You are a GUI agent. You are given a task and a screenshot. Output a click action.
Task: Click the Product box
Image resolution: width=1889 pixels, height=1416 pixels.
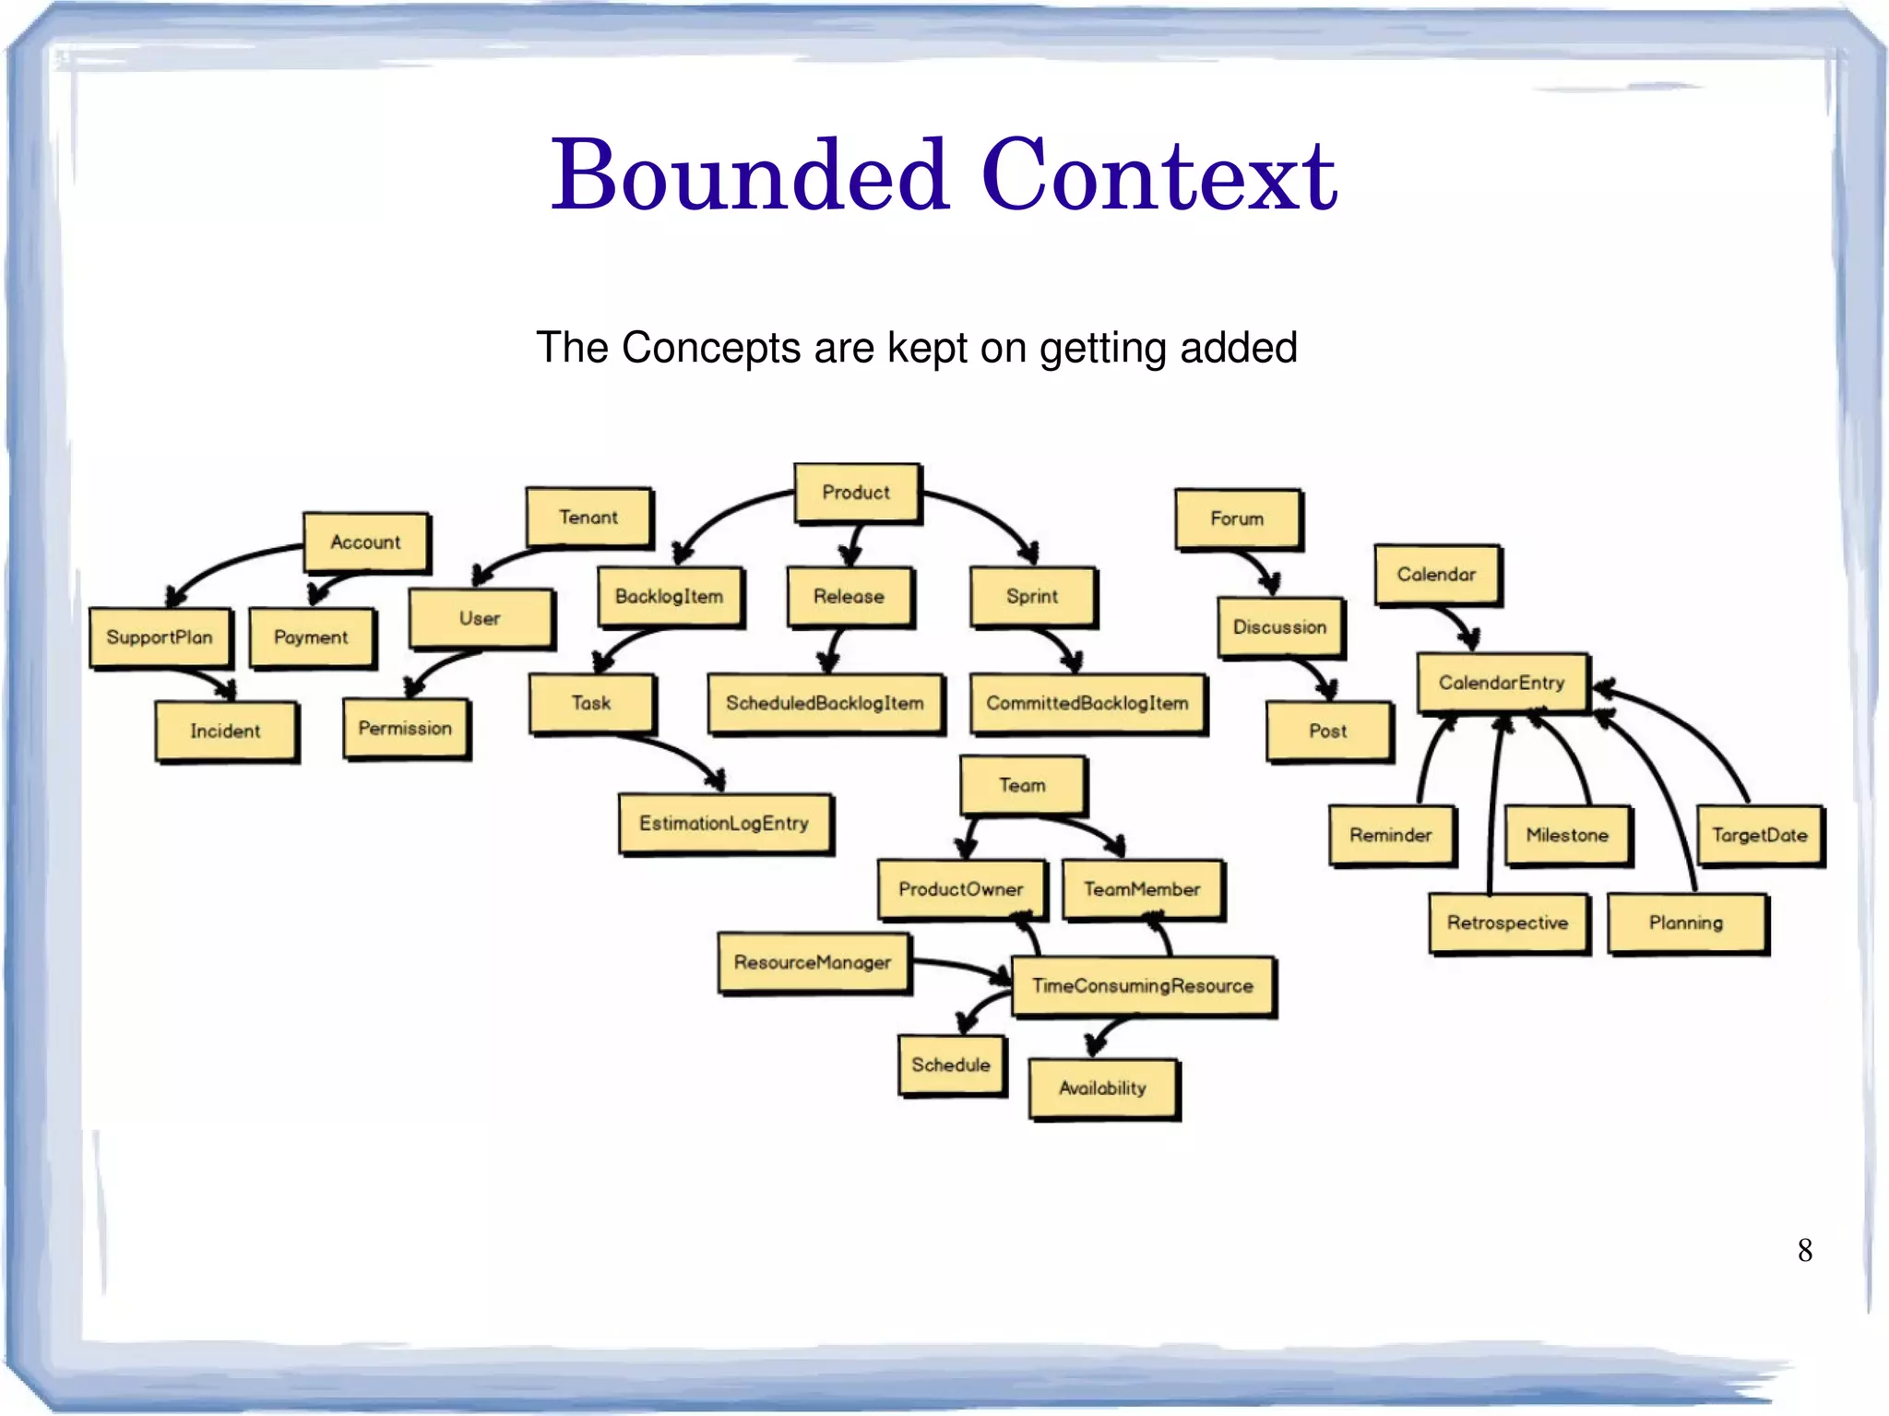pos(857,494)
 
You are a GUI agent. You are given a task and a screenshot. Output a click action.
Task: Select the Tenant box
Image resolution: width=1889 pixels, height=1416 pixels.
pos(588,518)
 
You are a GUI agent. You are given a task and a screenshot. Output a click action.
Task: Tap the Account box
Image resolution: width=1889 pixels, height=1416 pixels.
pos(366,542)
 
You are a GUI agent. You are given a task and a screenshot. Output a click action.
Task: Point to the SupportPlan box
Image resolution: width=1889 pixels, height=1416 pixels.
pos(160,637)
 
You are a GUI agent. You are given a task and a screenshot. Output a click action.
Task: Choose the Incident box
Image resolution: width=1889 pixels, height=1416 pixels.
pos(226,732)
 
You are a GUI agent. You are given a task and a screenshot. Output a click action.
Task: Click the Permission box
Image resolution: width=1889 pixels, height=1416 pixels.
pos(406,729)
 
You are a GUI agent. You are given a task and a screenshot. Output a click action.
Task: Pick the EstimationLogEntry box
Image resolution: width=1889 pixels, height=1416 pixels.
pos(725,824)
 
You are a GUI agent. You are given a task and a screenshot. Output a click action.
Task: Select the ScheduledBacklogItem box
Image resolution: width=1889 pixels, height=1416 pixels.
pos(826,704)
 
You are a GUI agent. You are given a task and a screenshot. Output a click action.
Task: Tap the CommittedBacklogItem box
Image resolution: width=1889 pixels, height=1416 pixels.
pos(1088,704)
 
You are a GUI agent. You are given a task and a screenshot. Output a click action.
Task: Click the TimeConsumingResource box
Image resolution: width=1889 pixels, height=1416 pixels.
pos(1143,986)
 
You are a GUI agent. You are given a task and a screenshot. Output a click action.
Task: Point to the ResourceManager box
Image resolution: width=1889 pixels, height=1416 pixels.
pos(814,963)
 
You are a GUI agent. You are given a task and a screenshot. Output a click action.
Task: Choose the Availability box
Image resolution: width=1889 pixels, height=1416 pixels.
pos(1103,1089)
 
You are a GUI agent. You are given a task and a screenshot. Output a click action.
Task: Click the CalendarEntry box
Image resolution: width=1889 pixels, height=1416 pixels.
pos(1503,684)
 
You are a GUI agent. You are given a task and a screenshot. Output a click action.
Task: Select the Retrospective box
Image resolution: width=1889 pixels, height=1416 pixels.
pos(1508,923)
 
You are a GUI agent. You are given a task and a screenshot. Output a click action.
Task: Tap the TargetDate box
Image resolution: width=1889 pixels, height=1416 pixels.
pos(1760,836)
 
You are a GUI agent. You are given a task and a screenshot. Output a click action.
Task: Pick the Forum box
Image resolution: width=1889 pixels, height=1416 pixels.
pos(1238,519)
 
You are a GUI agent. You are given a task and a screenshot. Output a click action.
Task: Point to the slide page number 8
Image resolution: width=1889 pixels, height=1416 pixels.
pos(1805,1251)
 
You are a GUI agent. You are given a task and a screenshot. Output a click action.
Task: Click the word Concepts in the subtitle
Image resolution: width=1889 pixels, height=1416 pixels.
pos(711,349)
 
